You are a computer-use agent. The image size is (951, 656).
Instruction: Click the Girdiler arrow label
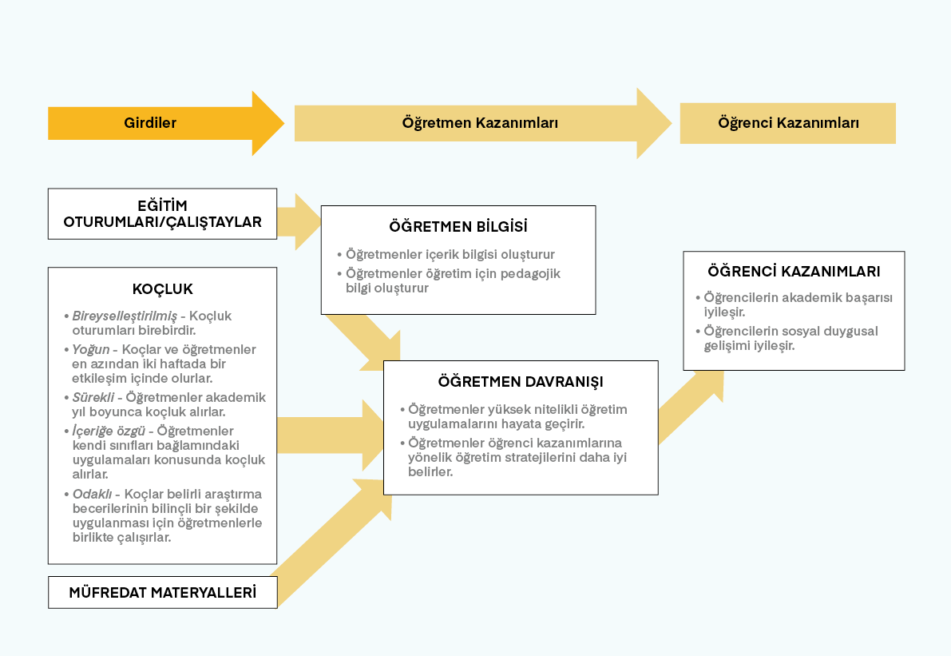click(x=150, y=123)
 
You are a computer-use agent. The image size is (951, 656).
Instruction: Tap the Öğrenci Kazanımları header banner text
click(x=788, y=123)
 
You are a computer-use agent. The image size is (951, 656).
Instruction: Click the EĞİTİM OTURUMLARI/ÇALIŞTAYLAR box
click(x=162, y=214)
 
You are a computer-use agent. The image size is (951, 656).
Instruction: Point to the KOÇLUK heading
click(x=162, y=289)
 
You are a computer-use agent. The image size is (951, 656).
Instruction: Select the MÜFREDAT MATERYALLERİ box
click(x=162, y=593)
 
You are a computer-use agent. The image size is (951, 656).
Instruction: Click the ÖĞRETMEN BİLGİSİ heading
click(x=458, y=227)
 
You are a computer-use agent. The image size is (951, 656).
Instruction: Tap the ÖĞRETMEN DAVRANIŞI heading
click(x=521, y=381)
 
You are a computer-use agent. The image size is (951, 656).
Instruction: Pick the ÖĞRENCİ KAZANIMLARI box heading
click(x=794, y=272)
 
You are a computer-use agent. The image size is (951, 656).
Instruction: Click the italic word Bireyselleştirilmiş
click(x=125, y=316)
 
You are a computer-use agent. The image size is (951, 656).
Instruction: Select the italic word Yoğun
click(x=91, y=350)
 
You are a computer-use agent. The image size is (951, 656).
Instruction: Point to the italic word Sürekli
click(x=93, y=397)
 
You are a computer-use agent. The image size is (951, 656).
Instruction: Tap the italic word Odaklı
click(x=92, y=494)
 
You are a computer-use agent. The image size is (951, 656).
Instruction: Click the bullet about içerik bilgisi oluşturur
click(x=450, y=255)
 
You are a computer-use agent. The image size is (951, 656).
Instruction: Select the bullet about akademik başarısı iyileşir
click(x=798, y=304)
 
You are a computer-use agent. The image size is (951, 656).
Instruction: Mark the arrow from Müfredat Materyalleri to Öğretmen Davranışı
click(x=327, y=543)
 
